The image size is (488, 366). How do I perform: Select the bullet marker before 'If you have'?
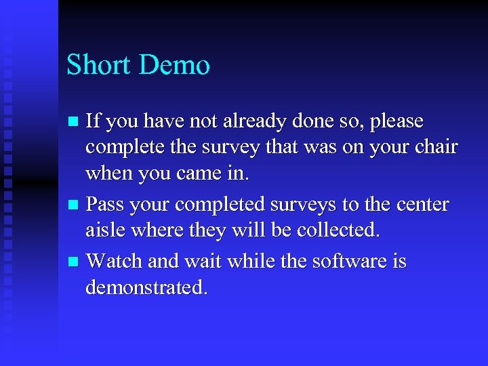point(75,122)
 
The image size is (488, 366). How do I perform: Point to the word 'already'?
point(252,122)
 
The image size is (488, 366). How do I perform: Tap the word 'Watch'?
point(112,260)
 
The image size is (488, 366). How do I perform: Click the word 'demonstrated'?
point(146,287)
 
